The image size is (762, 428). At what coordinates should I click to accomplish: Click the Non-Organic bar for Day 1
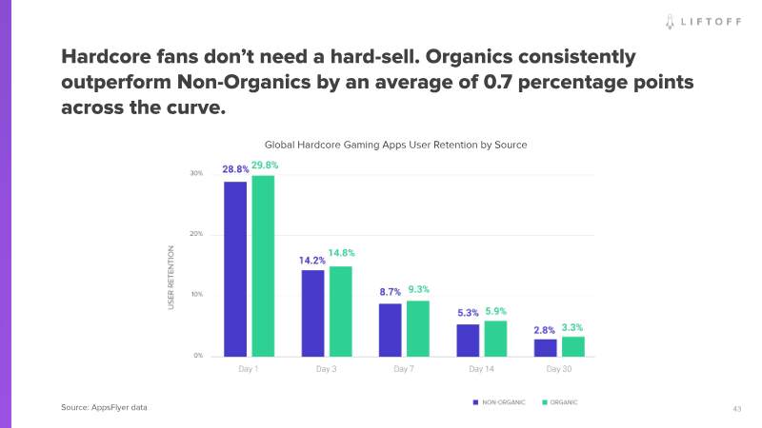(x=235, y=268)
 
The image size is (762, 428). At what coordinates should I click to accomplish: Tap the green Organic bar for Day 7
(x=417, y=327)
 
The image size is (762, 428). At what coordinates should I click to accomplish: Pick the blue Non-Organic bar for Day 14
(x=468, y=340)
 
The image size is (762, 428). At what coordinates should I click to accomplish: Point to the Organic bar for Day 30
(x=572, y=345)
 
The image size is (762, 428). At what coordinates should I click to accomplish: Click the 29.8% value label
(x=264, y=166)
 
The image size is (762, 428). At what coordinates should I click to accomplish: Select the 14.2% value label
(x=312, y=259)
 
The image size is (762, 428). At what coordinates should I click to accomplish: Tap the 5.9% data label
(x=495, y=310)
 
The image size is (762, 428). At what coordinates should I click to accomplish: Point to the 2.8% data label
(x=545, y=328)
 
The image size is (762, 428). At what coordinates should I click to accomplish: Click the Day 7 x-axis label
(x=405, y=369)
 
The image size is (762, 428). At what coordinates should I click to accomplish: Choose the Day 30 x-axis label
(x=560, y=369)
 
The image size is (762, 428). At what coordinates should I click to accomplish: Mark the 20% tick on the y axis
(x=196, y=234)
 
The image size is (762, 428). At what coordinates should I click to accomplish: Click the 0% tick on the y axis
(x=198, y=355)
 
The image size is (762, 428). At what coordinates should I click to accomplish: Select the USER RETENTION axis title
(x=171, y=278)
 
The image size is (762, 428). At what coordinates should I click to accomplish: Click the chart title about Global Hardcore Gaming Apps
(x=395, y=145)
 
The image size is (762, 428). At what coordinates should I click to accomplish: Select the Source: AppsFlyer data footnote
(x=104, y=407)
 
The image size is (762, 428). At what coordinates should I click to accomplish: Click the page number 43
(x=736, y=408)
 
